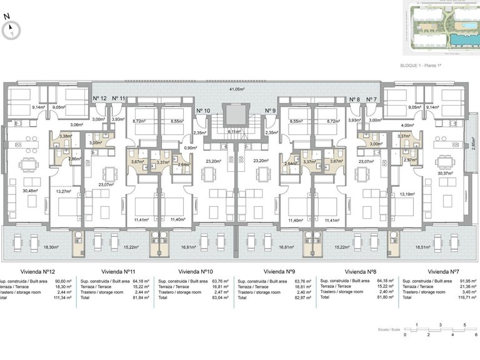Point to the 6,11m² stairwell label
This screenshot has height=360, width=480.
[234, 132]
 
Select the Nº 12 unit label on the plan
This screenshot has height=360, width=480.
[99, 99]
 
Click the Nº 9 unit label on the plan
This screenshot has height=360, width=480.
[270, 111]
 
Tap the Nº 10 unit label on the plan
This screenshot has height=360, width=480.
[203, 111]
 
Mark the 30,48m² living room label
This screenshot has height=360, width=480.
[31, 191]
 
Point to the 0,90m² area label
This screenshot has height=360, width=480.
[191, 148]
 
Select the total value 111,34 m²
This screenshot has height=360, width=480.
[63, 298]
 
